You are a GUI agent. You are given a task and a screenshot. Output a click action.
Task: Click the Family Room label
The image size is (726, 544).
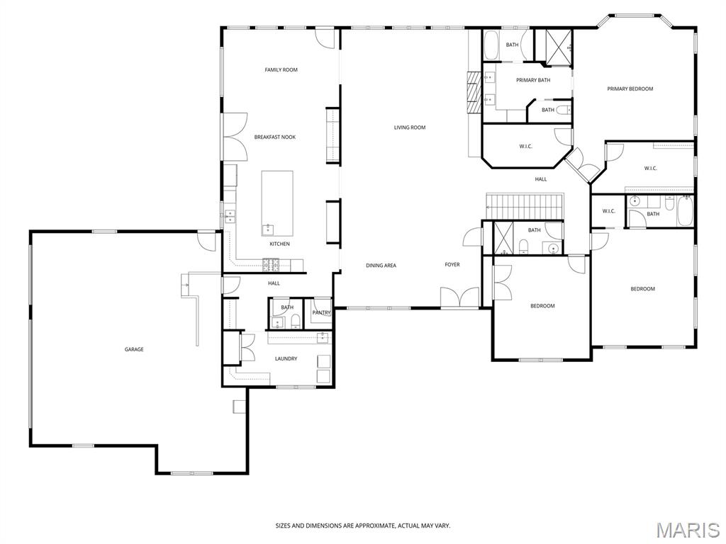(x=281, y=70)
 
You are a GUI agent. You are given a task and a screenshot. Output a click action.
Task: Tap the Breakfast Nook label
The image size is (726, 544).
(x=274, y=137)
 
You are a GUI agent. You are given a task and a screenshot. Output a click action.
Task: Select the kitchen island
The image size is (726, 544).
(x=277, y=203)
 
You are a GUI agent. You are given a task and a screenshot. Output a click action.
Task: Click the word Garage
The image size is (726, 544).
(x=134, y=349)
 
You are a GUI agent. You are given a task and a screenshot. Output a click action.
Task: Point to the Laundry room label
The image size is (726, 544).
(x=286, y=358)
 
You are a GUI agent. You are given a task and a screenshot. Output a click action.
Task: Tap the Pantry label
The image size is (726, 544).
(x=321, y=312)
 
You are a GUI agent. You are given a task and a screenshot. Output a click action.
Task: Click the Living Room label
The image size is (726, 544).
(x=410, y=127)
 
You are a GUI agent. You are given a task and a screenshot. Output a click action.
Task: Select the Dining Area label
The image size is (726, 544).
(x=381, y=266)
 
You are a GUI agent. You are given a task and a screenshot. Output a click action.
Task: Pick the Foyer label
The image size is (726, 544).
(x=452, y=265)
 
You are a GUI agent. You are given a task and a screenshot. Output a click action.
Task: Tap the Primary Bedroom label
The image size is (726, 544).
(x=630, y=89)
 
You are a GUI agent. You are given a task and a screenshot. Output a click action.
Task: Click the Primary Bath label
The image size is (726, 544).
(x=533, y=80)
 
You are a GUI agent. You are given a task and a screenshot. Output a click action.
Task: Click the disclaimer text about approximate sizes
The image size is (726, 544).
(x=363, y=526)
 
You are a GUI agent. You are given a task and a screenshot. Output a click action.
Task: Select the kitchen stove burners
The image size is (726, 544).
(x=272, y=265)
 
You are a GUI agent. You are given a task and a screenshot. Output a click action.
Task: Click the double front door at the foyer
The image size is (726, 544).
(x=459, y=297)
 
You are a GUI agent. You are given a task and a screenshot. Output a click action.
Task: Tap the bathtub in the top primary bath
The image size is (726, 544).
(x=491, y=45)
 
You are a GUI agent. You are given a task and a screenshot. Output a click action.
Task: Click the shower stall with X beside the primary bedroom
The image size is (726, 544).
(x=559, y=47)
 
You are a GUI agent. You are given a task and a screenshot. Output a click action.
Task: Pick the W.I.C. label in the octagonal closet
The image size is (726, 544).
(x=525, y=146)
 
